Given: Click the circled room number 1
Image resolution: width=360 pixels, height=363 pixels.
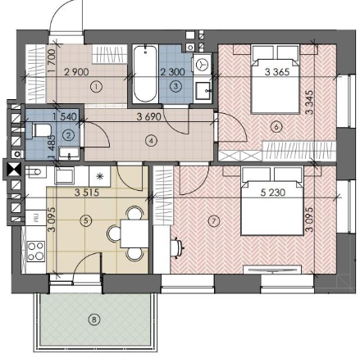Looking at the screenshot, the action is coord(96,87).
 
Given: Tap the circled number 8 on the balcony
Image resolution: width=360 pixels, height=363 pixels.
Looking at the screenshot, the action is coord(94,319).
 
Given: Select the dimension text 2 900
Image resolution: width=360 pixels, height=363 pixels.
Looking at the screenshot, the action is coord(76,72).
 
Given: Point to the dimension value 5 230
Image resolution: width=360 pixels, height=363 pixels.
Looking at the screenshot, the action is coord(273,193).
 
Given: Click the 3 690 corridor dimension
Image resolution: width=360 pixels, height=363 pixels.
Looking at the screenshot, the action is coord(149,117).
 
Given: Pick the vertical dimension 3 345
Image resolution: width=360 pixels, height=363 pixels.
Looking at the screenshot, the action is coord(309,102).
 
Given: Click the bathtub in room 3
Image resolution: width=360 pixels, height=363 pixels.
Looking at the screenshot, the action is coord(145,74).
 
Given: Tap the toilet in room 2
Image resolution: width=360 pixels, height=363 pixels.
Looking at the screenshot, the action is coord(39,129).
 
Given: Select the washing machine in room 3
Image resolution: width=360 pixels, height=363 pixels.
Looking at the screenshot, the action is coord(203,65).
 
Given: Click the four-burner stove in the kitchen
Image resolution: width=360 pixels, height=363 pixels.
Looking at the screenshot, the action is coord(36,252).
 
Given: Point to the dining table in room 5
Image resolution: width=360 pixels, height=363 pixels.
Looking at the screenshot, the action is coord(134,234).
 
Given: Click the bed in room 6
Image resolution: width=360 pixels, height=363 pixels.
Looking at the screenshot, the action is coord(276,79).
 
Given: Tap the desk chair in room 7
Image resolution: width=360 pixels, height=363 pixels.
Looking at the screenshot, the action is coord(177,247).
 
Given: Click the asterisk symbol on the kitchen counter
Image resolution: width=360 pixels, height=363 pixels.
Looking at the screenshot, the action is coord(100,175).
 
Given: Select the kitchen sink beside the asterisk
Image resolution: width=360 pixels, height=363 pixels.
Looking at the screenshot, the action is coord(64,175).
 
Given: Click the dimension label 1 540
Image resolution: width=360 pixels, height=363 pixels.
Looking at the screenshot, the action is coord(65,117).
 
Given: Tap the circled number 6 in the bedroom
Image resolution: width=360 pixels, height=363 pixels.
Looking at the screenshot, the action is coord(276,127).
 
